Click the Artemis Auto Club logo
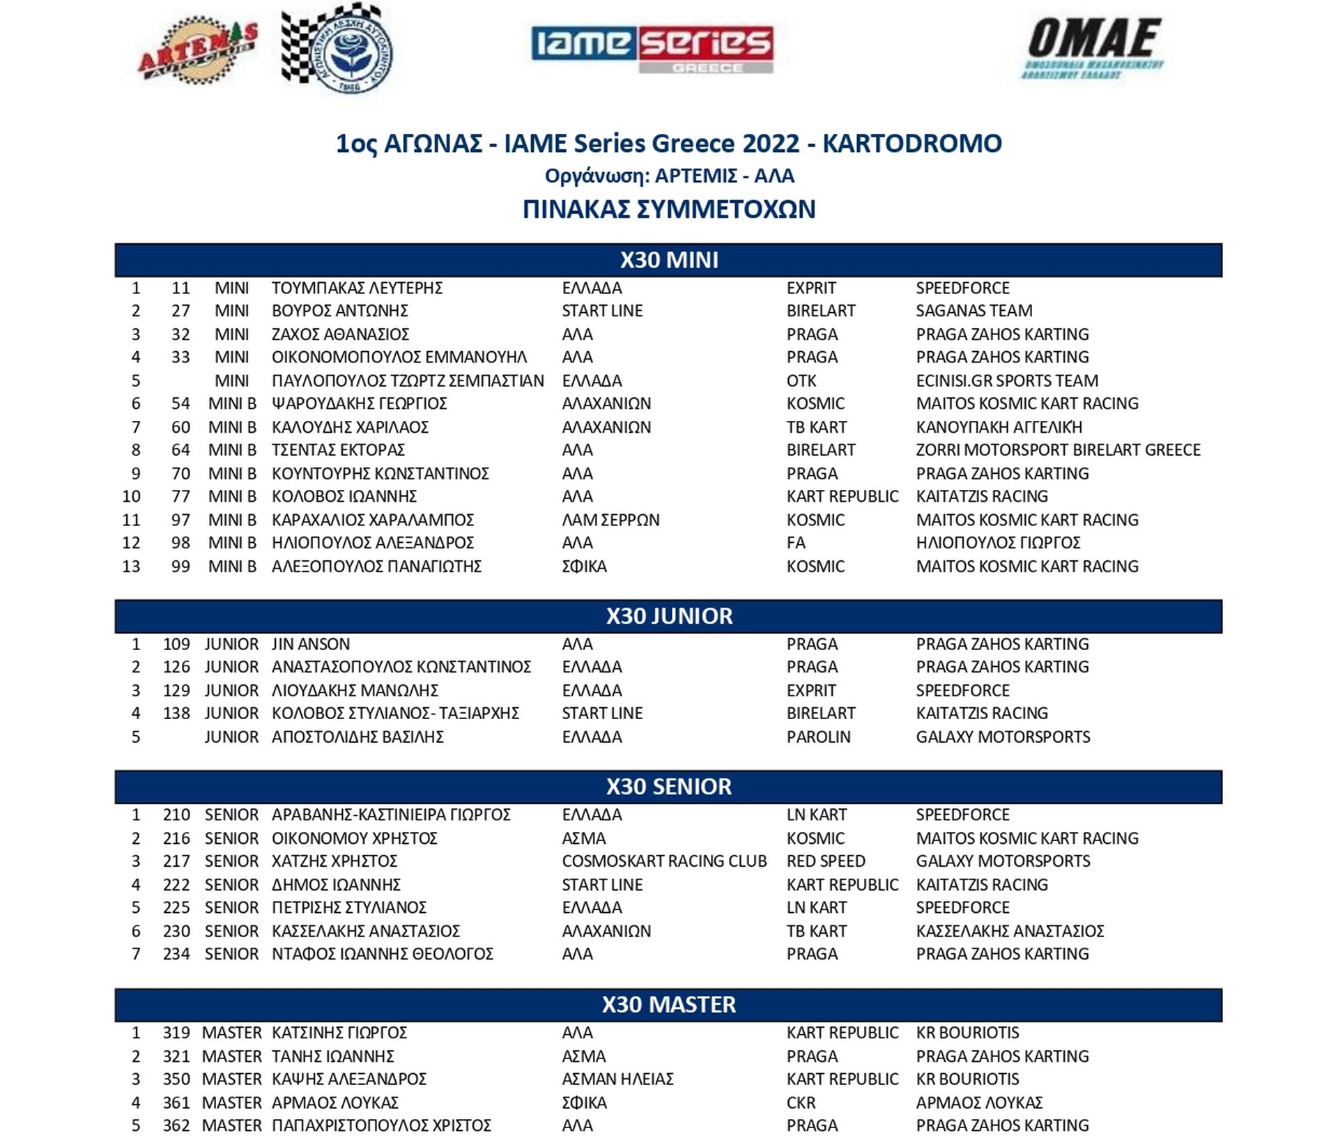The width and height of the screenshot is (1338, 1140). (x=197, y=53)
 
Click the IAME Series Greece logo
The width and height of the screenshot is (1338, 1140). (x=652, y=49)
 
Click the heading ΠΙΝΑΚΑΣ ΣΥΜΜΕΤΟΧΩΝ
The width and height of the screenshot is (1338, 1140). (x=669, y=209)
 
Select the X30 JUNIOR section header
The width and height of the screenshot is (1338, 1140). (x=668, y=616)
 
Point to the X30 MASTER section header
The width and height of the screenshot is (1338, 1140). (x=668, y=1004)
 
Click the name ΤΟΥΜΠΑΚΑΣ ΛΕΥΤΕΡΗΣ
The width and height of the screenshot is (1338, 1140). (x=357, y=288)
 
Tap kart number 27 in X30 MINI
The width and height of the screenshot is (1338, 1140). (x=180, y=311)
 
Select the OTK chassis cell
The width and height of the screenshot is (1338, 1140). (x=801, y=380)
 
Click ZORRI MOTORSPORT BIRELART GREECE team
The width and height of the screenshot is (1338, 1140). (x=1058, y=450)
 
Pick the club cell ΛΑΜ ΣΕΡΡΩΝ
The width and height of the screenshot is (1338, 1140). (x=610, y=520)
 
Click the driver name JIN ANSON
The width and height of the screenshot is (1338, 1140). (x=311, y=644)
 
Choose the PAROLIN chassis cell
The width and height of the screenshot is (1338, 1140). (x=818, y=737)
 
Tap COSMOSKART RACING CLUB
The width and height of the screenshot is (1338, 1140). (x=664, y=861)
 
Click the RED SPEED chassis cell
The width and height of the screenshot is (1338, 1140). (x=826, y=861)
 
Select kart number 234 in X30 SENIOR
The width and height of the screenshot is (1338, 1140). (x=176, y=954)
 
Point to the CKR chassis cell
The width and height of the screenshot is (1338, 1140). (x=801, y=1102)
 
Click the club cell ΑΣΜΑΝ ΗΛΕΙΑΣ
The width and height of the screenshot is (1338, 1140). (x=617, y=1079)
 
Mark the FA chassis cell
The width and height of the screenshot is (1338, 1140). (x=796, y=543)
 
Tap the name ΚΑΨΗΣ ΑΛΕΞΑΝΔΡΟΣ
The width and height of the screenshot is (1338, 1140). (x=348, y=1079)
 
